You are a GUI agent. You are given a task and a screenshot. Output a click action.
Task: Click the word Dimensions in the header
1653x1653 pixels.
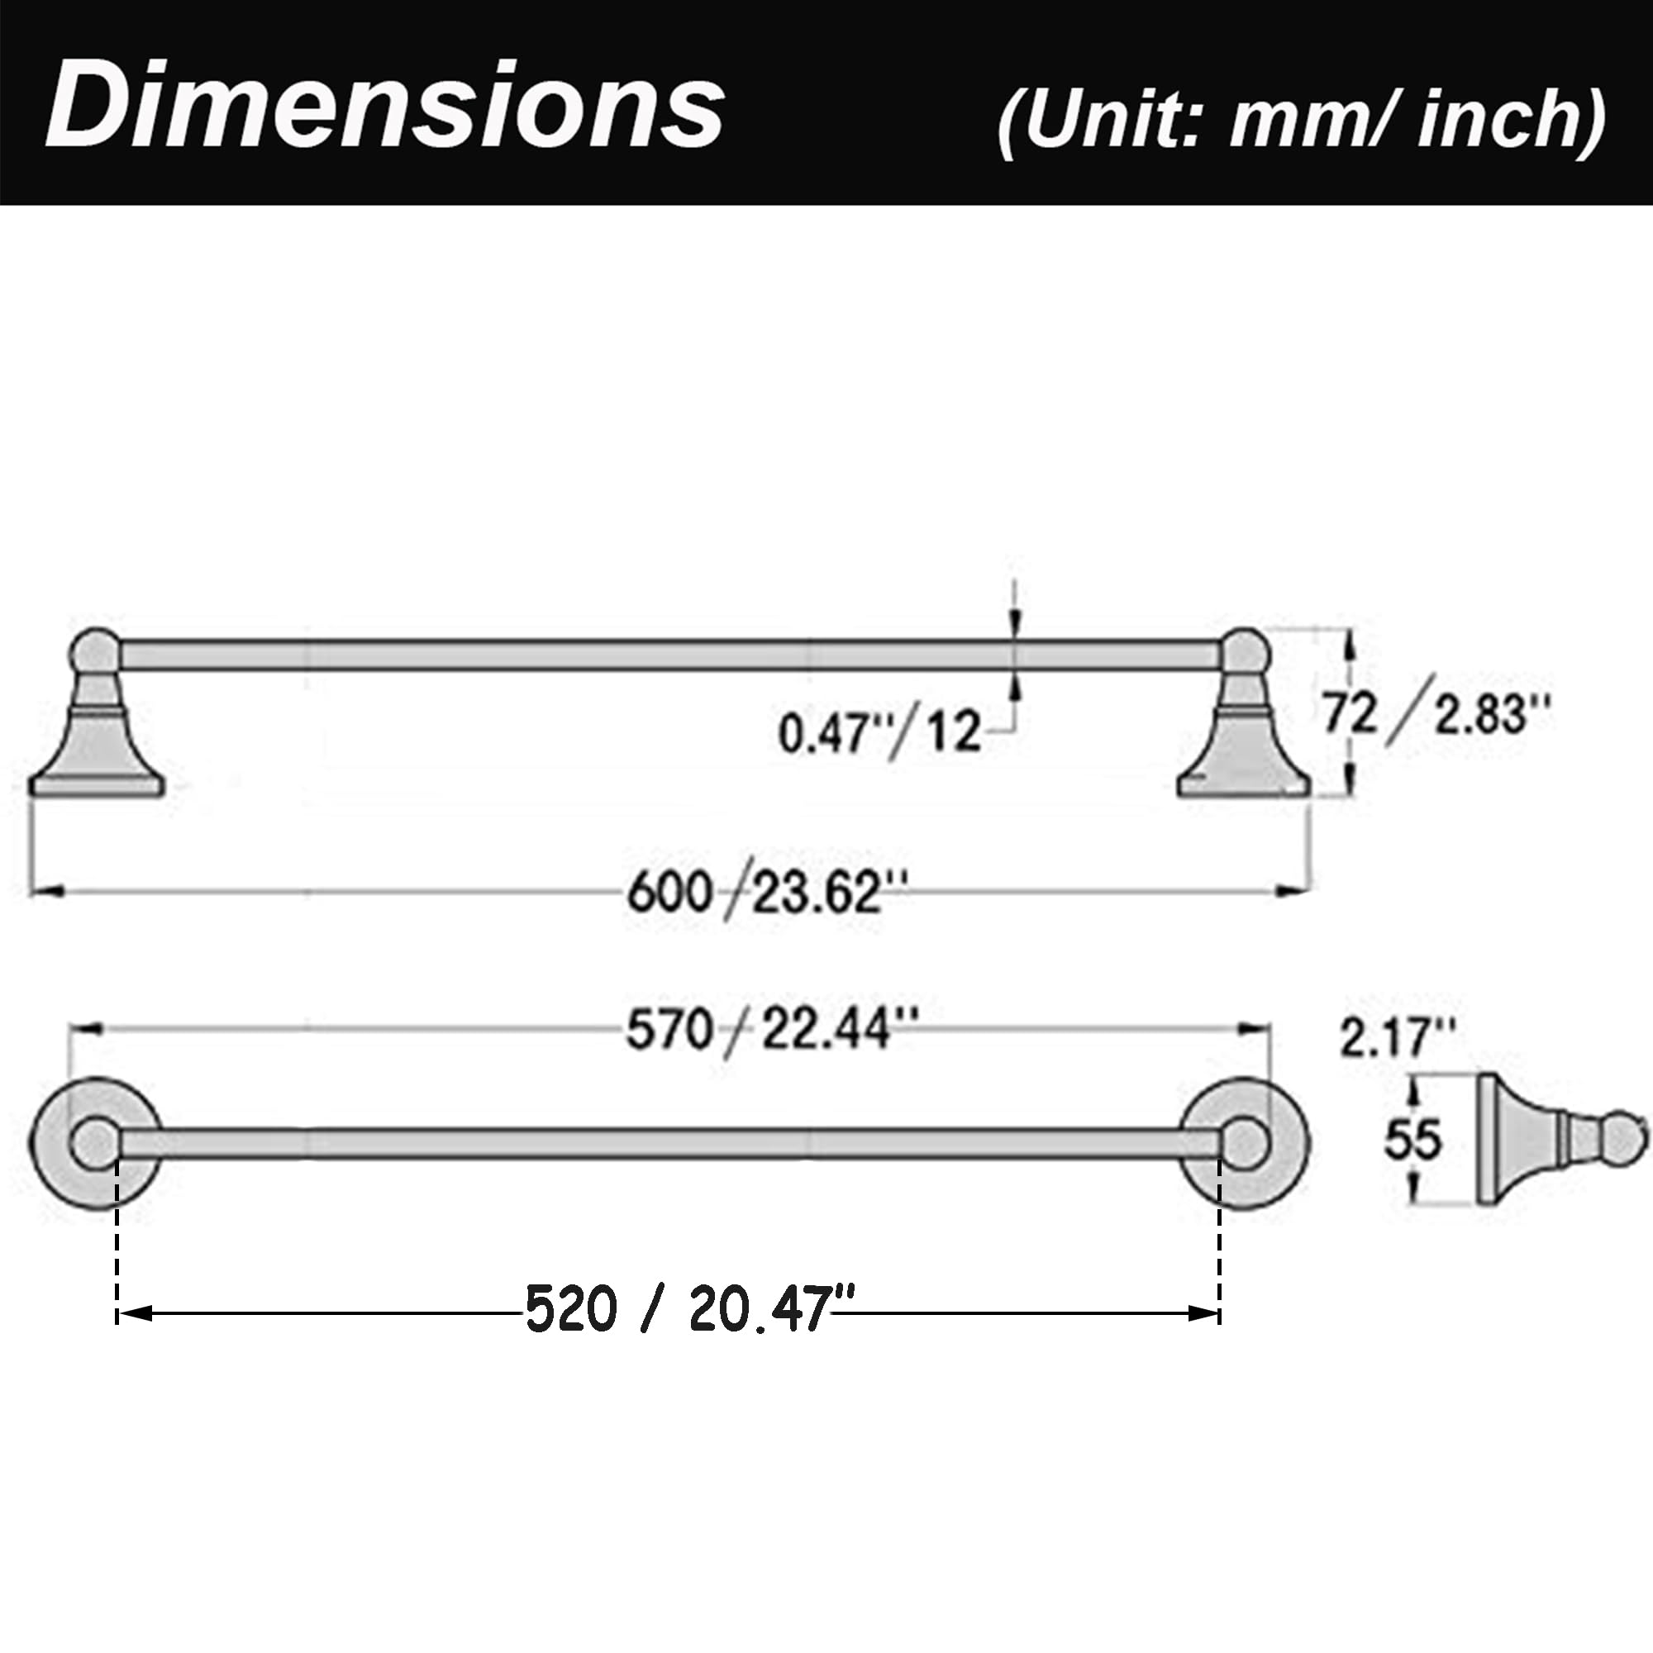pos(385,107)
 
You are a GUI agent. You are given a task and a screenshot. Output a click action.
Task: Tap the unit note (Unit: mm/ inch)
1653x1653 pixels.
pos(1302,119)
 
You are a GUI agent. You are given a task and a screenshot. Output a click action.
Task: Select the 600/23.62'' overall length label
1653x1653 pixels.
pos(767,893)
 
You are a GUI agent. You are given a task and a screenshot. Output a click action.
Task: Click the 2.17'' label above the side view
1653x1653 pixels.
pos(1397,1039)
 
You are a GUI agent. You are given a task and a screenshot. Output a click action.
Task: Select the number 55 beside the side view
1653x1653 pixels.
pos(1413,1140)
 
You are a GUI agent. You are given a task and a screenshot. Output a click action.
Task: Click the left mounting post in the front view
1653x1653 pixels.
pos(96,714)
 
